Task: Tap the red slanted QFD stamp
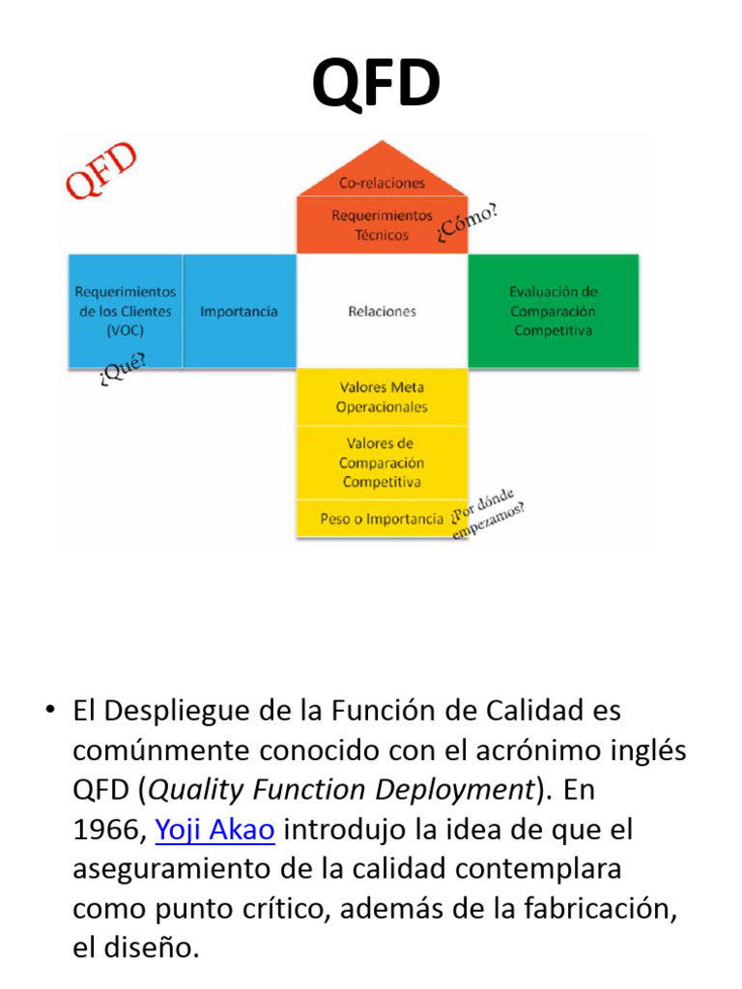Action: coord(100,172)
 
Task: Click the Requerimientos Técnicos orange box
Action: coord(382,225)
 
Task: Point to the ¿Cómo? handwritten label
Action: coord(469,223)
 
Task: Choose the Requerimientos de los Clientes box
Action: coord(126,311)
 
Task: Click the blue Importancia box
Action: coord(239,311)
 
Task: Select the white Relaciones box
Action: coord(382,311)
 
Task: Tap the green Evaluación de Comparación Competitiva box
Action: coord(553,311)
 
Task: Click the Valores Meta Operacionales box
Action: coord(382,397)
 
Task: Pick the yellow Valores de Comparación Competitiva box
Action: coord(382,463)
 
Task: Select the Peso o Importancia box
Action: coord(382,519)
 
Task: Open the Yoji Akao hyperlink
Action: coord(215,830)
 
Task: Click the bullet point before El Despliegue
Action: coord(48,711)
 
